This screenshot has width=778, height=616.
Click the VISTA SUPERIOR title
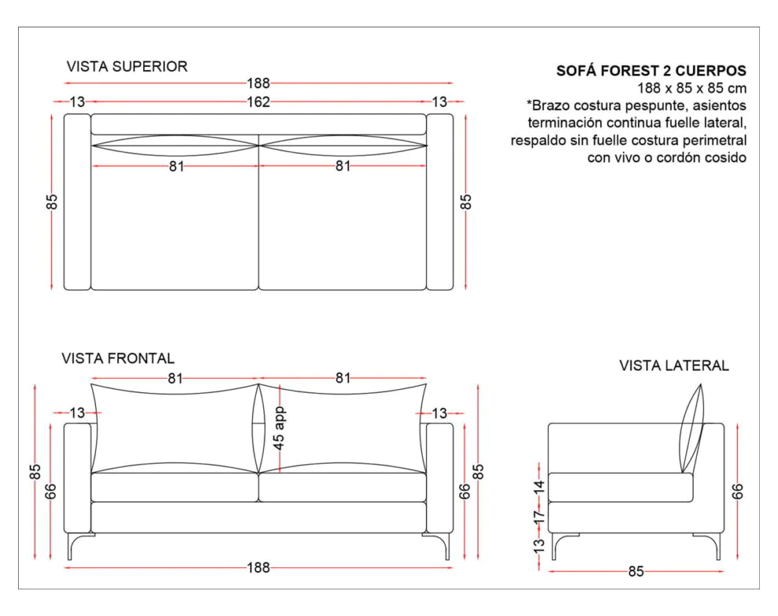coord(127,67)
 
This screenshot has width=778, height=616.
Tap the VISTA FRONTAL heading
coord(118,358)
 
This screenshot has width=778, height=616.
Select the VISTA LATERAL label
coord(673,365)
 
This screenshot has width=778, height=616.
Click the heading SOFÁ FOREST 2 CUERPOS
coord(651,71)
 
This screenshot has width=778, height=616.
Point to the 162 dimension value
coord(258,101)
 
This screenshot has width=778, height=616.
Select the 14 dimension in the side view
coord(539,487)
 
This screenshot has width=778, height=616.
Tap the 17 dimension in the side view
coord(539,515)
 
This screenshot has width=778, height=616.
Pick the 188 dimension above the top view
coord(258,82)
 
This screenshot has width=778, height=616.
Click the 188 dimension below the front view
coord(258,567)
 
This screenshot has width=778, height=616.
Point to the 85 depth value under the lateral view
coord(635,572)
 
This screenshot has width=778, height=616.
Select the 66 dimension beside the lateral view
coord(737,491)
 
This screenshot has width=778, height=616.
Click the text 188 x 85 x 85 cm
coord(691,88)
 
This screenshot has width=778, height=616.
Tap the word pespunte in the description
coord(666,105)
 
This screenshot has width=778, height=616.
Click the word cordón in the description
coord(670,157)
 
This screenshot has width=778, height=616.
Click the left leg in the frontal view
coord(72,546)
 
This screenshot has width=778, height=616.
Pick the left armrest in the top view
coord(77,202)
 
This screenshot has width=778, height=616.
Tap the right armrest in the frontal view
coord(440,479)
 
